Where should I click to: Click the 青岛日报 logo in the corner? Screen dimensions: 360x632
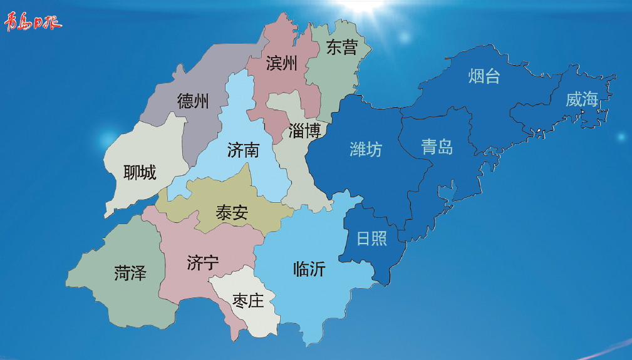(x=33, y=23)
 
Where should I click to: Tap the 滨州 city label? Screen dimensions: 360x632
(x=281, y=63)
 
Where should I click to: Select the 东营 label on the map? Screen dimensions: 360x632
(x=341, y=48)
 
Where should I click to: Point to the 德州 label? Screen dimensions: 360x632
(x=193, y=101)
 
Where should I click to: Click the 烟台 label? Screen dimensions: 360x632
(x=484, y=76)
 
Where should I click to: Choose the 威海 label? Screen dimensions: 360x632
(x=582, y=99)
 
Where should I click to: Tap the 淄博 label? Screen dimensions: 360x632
(x=305, y=131)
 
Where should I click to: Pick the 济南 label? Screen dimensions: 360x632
(x=243, y=150)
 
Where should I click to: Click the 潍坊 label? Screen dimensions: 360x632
(x=366, y=149)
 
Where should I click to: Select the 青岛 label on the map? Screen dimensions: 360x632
(x=437, y=147)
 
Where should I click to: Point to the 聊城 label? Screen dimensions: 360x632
(x=140, y=172)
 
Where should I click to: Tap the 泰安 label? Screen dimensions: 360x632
(x=232, y=213)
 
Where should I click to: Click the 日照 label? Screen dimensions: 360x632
(x=372, y=239)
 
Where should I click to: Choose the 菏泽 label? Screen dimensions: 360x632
(x=130, y=273)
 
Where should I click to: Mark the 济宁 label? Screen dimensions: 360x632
(x=203, y=263)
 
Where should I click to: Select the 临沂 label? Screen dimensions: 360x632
(x=309, y=269)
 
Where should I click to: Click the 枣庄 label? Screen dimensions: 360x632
(x=248, y=301)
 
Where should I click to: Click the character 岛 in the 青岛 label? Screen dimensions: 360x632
(x=445, y=147)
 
